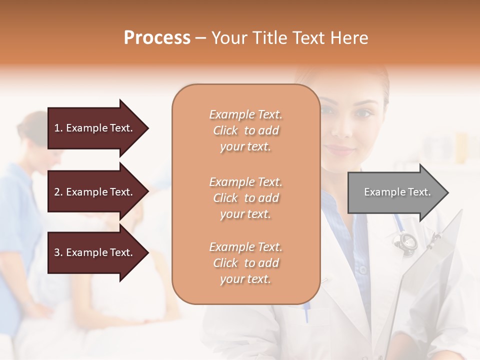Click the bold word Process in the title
click(x=157, y=38)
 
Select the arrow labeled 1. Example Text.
click(x=95, y=128)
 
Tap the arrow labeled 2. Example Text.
click(x=95, y=192)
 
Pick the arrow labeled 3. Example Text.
click(x=95, y=252)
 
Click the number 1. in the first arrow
click(x=58, y=128)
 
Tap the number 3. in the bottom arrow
click(x=58, y=252)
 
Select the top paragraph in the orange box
click(x=245, y=130)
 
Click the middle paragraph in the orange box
click(x=245, y=198)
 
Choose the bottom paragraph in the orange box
click(x=245, y=263)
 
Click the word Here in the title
click(x=348, y=38)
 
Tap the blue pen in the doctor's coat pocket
click(x=306, y=310)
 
